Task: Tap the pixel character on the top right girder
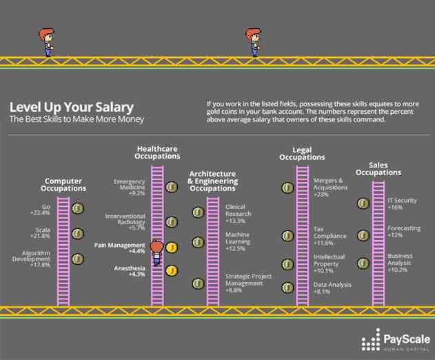[253, 43]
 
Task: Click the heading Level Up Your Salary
[72, 108]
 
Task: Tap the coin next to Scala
[78, 234]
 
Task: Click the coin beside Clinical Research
[199, 212]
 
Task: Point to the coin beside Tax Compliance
[287, 236]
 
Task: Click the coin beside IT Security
[362, 203]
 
